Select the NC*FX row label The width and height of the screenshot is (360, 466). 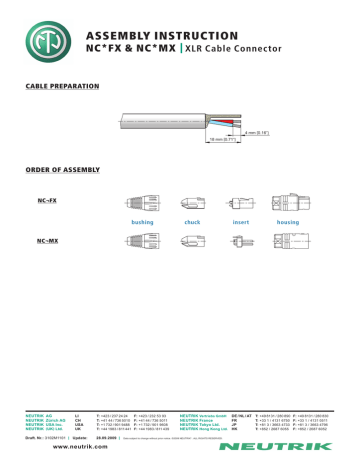(x=44, y=201)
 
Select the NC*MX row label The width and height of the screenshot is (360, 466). (x=44, y=240)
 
